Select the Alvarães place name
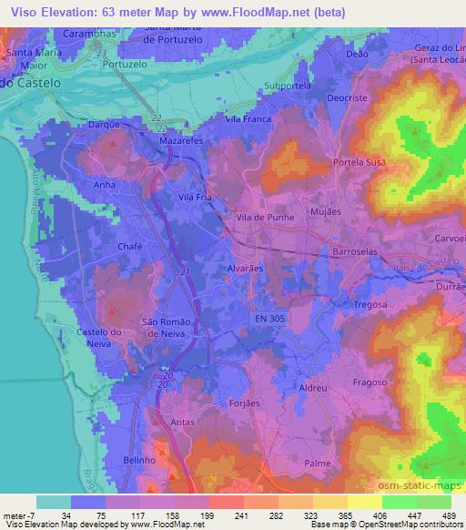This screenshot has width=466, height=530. tap(244, 270)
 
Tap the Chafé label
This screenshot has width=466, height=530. tap(130, 246)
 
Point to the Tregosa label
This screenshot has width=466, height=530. tap(370, 305)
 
